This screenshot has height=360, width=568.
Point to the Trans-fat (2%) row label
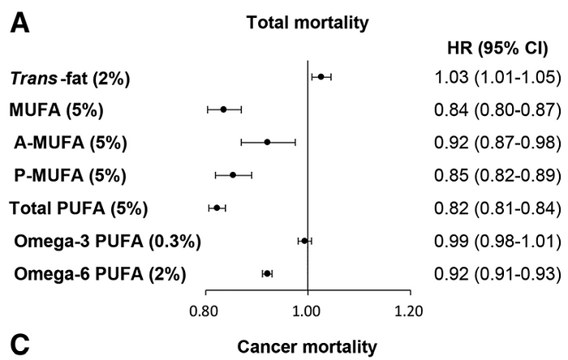(x=70, y=79)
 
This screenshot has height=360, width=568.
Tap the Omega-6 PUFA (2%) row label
(x=100, y=273)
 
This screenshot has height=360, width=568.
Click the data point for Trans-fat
(x=321, y=77)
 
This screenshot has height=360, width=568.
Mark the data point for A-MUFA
(x=267, y=142)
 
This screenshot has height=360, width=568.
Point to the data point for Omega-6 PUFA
(x=267, y=274)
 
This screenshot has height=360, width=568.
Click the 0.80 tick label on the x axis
(x=204, y=310)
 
